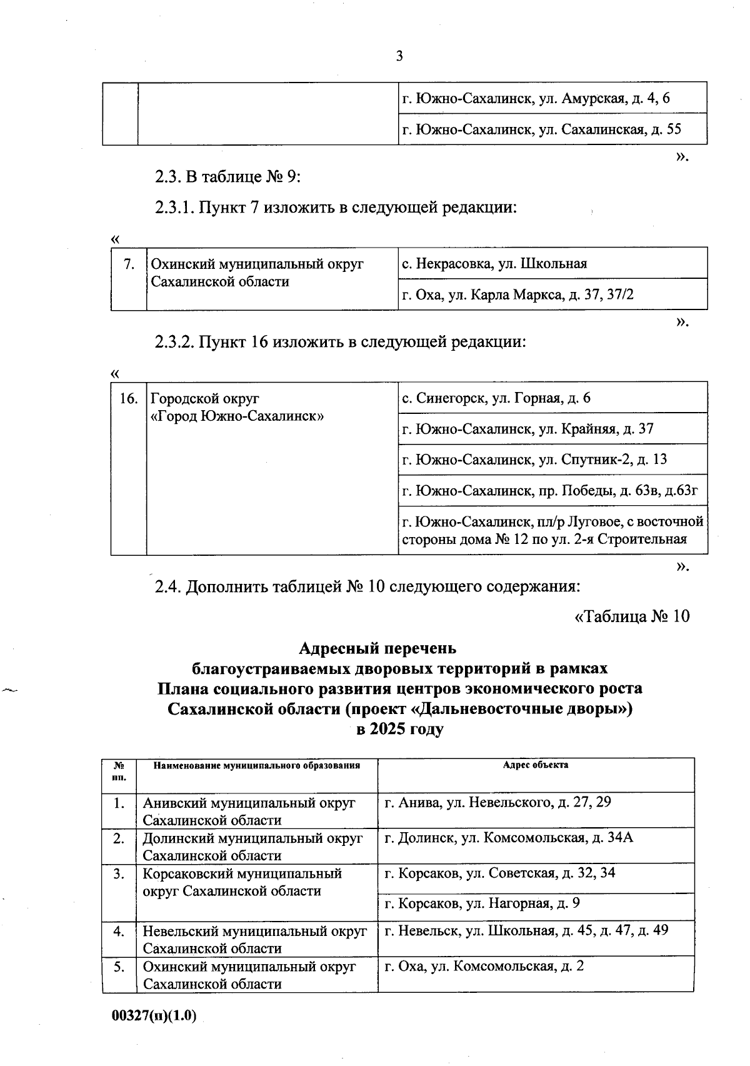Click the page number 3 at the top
click(399, 56)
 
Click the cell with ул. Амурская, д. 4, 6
click(536, 98)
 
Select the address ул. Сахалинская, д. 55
click(541, 129)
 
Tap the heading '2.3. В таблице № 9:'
click(228, 177)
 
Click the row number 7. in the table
click(129, 264)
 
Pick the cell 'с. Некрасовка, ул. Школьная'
click(494, 263)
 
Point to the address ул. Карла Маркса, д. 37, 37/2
click(517, 294)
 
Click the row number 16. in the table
click(128, 398)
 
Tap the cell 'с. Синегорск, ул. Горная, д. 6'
click(496, 398)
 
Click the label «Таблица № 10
click(632, 616)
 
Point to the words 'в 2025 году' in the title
click(399, 729)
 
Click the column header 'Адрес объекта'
click(536, 765)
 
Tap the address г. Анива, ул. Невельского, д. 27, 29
click(497, 802)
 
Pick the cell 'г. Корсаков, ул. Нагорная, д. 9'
click(482, 903)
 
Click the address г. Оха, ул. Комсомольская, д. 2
click(484, 967)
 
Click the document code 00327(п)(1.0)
click(154, 1016)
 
